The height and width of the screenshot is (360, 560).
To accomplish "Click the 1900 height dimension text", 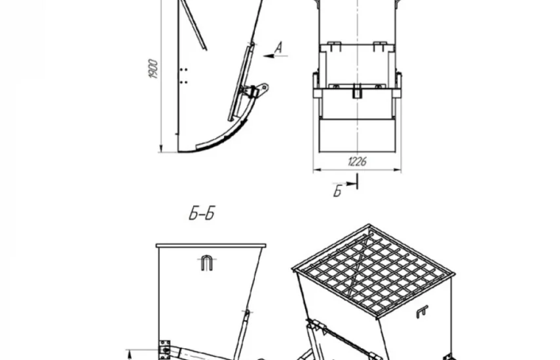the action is (x=153, y=69).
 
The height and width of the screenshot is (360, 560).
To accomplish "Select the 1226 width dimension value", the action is (x=357, y=162).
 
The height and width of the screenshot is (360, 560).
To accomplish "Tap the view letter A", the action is (x=278, y=47).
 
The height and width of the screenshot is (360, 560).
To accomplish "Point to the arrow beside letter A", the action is (x=275, y=56).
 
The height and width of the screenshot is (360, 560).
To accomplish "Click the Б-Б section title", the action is (x=202, y=213).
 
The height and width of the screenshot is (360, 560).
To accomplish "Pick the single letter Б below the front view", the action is (x=338, y=191).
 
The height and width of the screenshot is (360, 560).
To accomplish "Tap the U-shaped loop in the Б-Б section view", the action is (x=206, y=263).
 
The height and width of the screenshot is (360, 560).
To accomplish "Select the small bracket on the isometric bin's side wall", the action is (x=422, y=312).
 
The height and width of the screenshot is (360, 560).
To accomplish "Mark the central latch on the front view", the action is (x=357, y=91).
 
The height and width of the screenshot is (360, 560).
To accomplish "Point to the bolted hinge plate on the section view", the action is (x=164, y=350).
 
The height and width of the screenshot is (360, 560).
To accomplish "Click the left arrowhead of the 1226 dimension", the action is (x=316, y=170).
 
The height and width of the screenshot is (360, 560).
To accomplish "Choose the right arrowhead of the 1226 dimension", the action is (x=398, y=170).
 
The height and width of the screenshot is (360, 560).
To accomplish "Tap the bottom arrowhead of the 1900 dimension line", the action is (x=161, y=149).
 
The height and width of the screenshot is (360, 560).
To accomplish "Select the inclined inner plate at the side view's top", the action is (x=193, y=25).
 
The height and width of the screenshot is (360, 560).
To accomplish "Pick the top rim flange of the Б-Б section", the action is (x=211, y=245).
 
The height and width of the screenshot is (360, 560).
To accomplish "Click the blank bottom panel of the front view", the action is (x=357, y=135).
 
